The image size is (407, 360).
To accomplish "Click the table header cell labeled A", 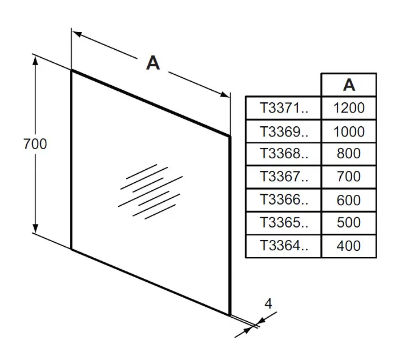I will tap(349, 85).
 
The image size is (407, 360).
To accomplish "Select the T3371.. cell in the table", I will tap(283, 107).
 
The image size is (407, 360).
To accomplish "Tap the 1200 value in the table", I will tap(349, 107).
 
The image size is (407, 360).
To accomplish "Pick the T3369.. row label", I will tap(283, 131).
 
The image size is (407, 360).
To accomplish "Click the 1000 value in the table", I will tap(349, 131).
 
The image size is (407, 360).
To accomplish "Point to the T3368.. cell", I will tap(283, 154).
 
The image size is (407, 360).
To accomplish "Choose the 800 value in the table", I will tap(349, 154).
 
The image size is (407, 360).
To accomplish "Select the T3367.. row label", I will tap(283, 177).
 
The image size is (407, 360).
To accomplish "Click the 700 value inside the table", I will tap(349, 177).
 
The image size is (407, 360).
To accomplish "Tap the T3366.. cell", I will tap(283, 200).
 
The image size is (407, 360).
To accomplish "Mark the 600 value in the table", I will tap(349, 200).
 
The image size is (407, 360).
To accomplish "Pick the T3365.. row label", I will tap(283, 223).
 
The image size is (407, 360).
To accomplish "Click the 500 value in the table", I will tap(349, 223).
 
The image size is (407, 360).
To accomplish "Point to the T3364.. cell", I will tap(283, 246).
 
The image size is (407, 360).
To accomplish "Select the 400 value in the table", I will tap(349, 246).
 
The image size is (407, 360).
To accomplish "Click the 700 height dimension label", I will tap(35, 144).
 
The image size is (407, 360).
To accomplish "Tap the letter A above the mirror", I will tap(152, 63).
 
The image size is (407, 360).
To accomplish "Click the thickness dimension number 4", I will tap(268, 303).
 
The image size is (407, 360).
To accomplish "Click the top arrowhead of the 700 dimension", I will tap(36, 61).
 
